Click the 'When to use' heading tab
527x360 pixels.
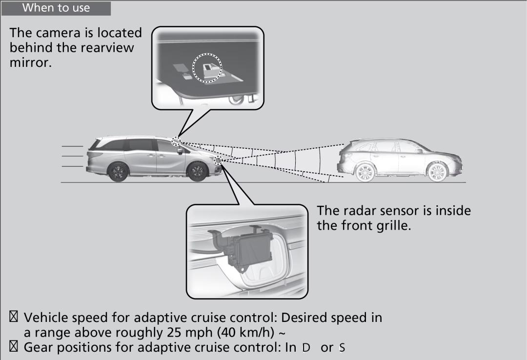pos(56,8)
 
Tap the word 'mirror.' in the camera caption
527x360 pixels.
pos(31,62)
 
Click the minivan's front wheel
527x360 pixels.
pos(197,172)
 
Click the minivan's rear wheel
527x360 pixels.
pos(118,172)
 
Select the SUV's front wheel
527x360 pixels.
pos(437,172)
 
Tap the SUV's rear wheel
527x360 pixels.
pos(365,172)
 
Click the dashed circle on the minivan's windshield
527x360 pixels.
pos(176,141)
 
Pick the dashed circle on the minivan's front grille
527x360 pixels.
pos(218,160)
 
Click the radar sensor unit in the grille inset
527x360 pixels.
pos(247,248)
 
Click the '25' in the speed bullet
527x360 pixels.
pos(174,332)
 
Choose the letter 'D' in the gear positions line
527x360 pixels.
pos(306,348)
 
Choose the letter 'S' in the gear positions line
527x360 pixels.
pos(342,348)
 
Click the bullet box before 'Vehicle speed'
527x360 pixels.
pos(14,317)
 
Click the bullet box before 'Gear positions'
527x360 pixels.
pos(14,346)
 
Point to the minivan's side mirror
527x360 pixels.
pos(180,151)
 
